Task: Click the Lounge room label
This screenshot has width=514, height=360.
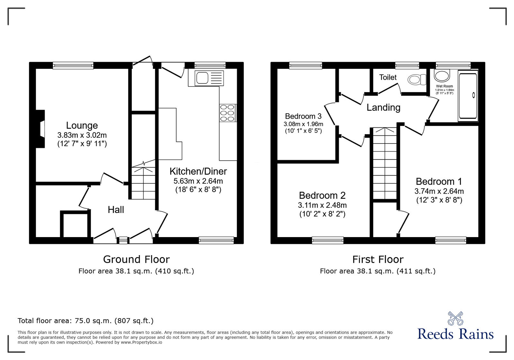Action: click(x=82, y=125)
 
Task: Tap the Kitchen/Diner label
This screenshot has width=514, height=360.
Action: click(x=198, y=171)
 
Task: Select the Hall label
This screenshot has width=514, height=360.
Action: click(x=116, y=210)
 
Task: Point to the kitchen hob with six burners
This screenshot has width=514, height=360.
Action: click(x=227, y=113)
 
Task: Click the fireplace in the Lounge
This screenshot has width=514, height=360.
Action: click(x=41, y=129)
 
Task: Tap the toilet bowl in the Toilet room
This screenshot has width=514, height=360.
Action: click(x=416, y=79)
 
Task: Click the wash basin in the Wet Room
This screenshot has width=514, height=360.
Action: click(x=442, y=76)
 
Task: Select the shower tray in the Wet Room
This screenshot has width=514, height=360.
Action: click(x=468, y=96)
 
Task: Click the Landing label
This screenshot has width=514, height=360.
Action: click(x=383, y=107)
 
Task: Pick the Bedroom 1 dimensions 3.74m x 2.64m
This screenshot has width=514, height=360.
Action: click(x=439, y=191)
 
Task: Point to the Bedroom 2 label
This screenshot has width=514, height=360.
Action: click(x=322, y=196)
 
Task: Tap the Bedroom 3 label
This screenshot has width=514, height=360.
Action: click(x=303, y=116)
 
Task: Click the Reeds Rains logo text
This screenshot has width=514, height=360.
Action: click(x=455, y=334)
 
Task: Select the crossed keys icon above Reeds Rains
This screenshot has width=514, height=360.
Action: click(x=455, y=318)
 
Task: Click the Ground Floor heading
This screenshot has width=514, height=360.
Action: click(x=136, y=259)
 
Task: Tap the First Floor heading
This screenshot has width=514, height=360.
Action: click(x=378, y=259)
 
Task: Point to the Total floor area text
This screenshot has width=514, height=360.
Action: click(x=86, y=321)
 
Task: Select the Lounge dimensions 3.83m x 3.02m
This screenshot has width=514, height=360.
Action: click(x=82, y=135)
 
